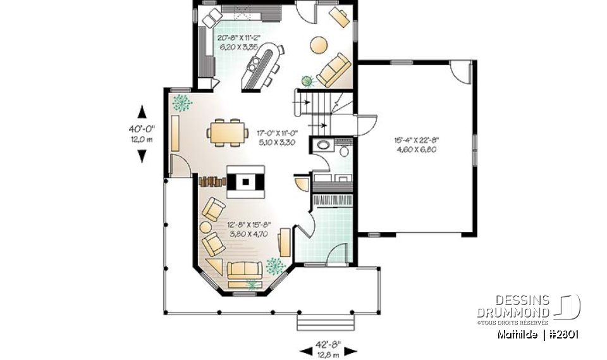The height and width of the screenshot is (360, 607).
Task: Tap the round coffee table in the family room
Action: pos(318,45)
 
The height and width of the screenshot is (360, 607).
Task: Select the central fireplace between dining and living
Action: pos(246,181)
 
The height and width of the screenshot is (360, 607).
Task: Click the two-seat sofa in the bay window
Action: pos(245,270)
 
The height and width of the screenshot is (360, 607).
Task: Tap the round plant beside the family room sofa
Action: pos(308,80)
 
